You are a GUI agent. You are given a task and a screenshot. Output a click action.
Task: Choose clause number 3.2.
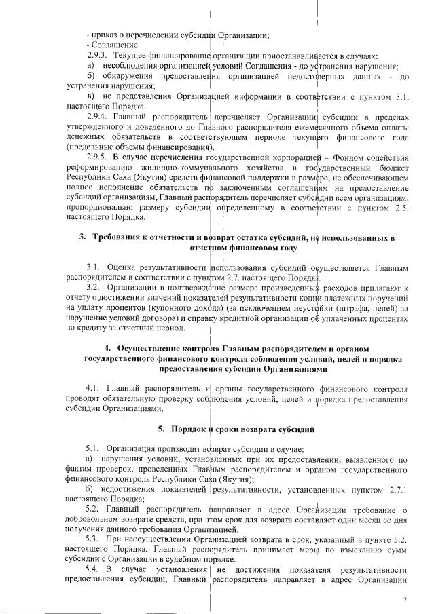coord(93,288)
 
